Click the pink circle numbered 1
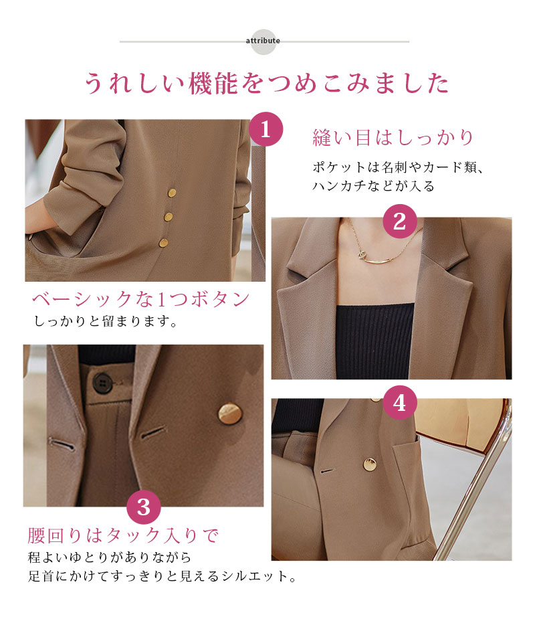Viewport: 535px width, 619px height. click(265, 129)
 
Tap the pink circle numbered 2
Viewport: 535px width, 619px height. click(400, 221)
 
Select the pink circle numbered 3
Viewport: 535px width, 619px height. click(144, 507)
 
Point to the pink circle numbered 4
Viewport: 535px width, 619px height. click(400, 403)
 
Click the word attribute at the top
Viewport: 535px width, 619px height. click(263, 41)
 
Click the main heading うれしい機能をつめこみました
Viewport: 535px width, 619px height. click(267, 83)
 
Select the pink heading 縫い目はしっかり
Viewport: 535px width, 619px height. click(393, 138)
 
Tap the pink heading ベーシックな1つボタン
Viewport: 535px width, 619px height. click(141, 299)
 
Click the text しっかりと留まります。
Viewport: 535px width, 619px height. click(106, 321)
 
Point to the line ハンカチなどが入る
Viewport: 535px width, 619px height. click(373, 185)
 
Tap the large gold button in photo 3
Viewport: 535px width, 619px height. click(230, 414)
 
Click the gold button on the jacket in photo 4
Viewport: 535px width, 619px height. click(370, 464)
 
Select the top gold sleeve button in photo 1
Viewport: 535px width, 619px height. click(172, 193)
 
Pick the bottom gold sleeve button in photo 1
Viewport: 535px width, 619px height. click(163, 243)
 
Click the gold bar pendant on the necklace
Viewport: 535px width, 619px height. click(377, 260)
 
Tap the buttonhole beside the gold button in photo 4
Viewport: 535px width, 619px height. click(328, 471)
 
